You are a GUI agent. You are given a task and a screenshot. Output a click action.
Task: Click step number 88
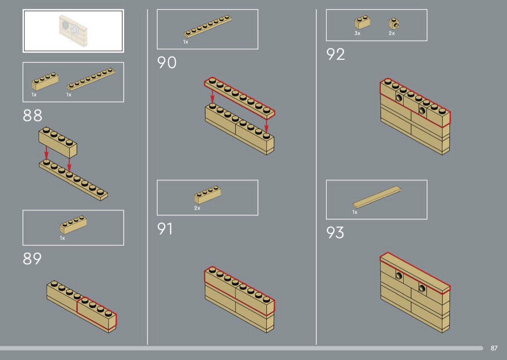click(32, 115)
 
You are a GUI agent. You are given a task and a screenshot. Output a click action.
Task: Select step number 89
click(32, 259)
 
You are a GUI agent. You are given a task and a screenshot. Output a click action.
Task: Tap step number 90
click(167, 62)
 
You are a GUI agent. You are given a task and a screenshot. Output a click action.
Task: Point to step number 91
click(165, 229)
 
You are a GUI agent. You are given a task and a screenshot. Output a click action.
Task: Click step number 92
click(336, 55)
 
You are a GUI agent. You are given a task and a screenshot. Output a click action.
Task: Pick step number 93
click(335, 232)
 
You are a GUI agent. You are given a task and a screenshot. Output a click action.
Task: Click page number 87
click(494, 348)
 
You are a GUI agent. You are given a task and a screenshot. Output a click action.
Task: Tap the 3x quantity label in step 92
click(357, 33)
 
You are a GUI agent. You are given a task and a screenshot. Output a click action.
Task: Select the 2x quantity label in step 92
click(392, 33)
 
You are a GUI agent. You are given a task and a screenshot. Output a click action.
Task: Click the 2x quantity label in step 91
click(197, 208)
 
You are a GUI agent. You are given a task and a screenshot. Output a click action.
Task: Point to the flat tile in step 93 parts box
click(377, 197)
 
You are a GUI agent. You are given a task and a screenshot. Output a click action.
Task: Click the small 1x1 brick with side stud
click(394, 24)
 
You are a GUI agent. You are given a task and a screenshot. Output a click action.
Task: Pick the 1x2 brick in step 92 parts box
click(363, 22)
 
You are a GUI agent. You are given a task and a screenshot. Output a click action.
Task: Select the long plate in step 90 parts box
click(208, 27)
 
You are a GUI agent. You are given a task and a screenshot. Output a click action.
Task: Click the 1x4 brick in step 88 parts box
click(45, 82)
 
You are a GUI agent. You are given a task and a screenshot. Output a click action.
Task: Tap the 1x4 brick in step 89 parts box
click(73, 224)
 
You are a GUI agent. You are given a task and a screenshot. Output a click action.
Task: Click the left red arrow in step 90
click(212, 97)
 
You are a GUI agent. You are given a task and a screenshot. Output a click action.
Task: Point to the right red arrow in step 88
click(69, 164)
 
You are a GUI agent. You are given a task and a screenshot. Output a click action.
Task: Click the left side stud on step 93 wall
click(399, 276)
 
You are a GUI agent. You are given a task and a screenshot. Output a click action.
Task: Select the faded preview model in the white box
click(73, 31)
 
